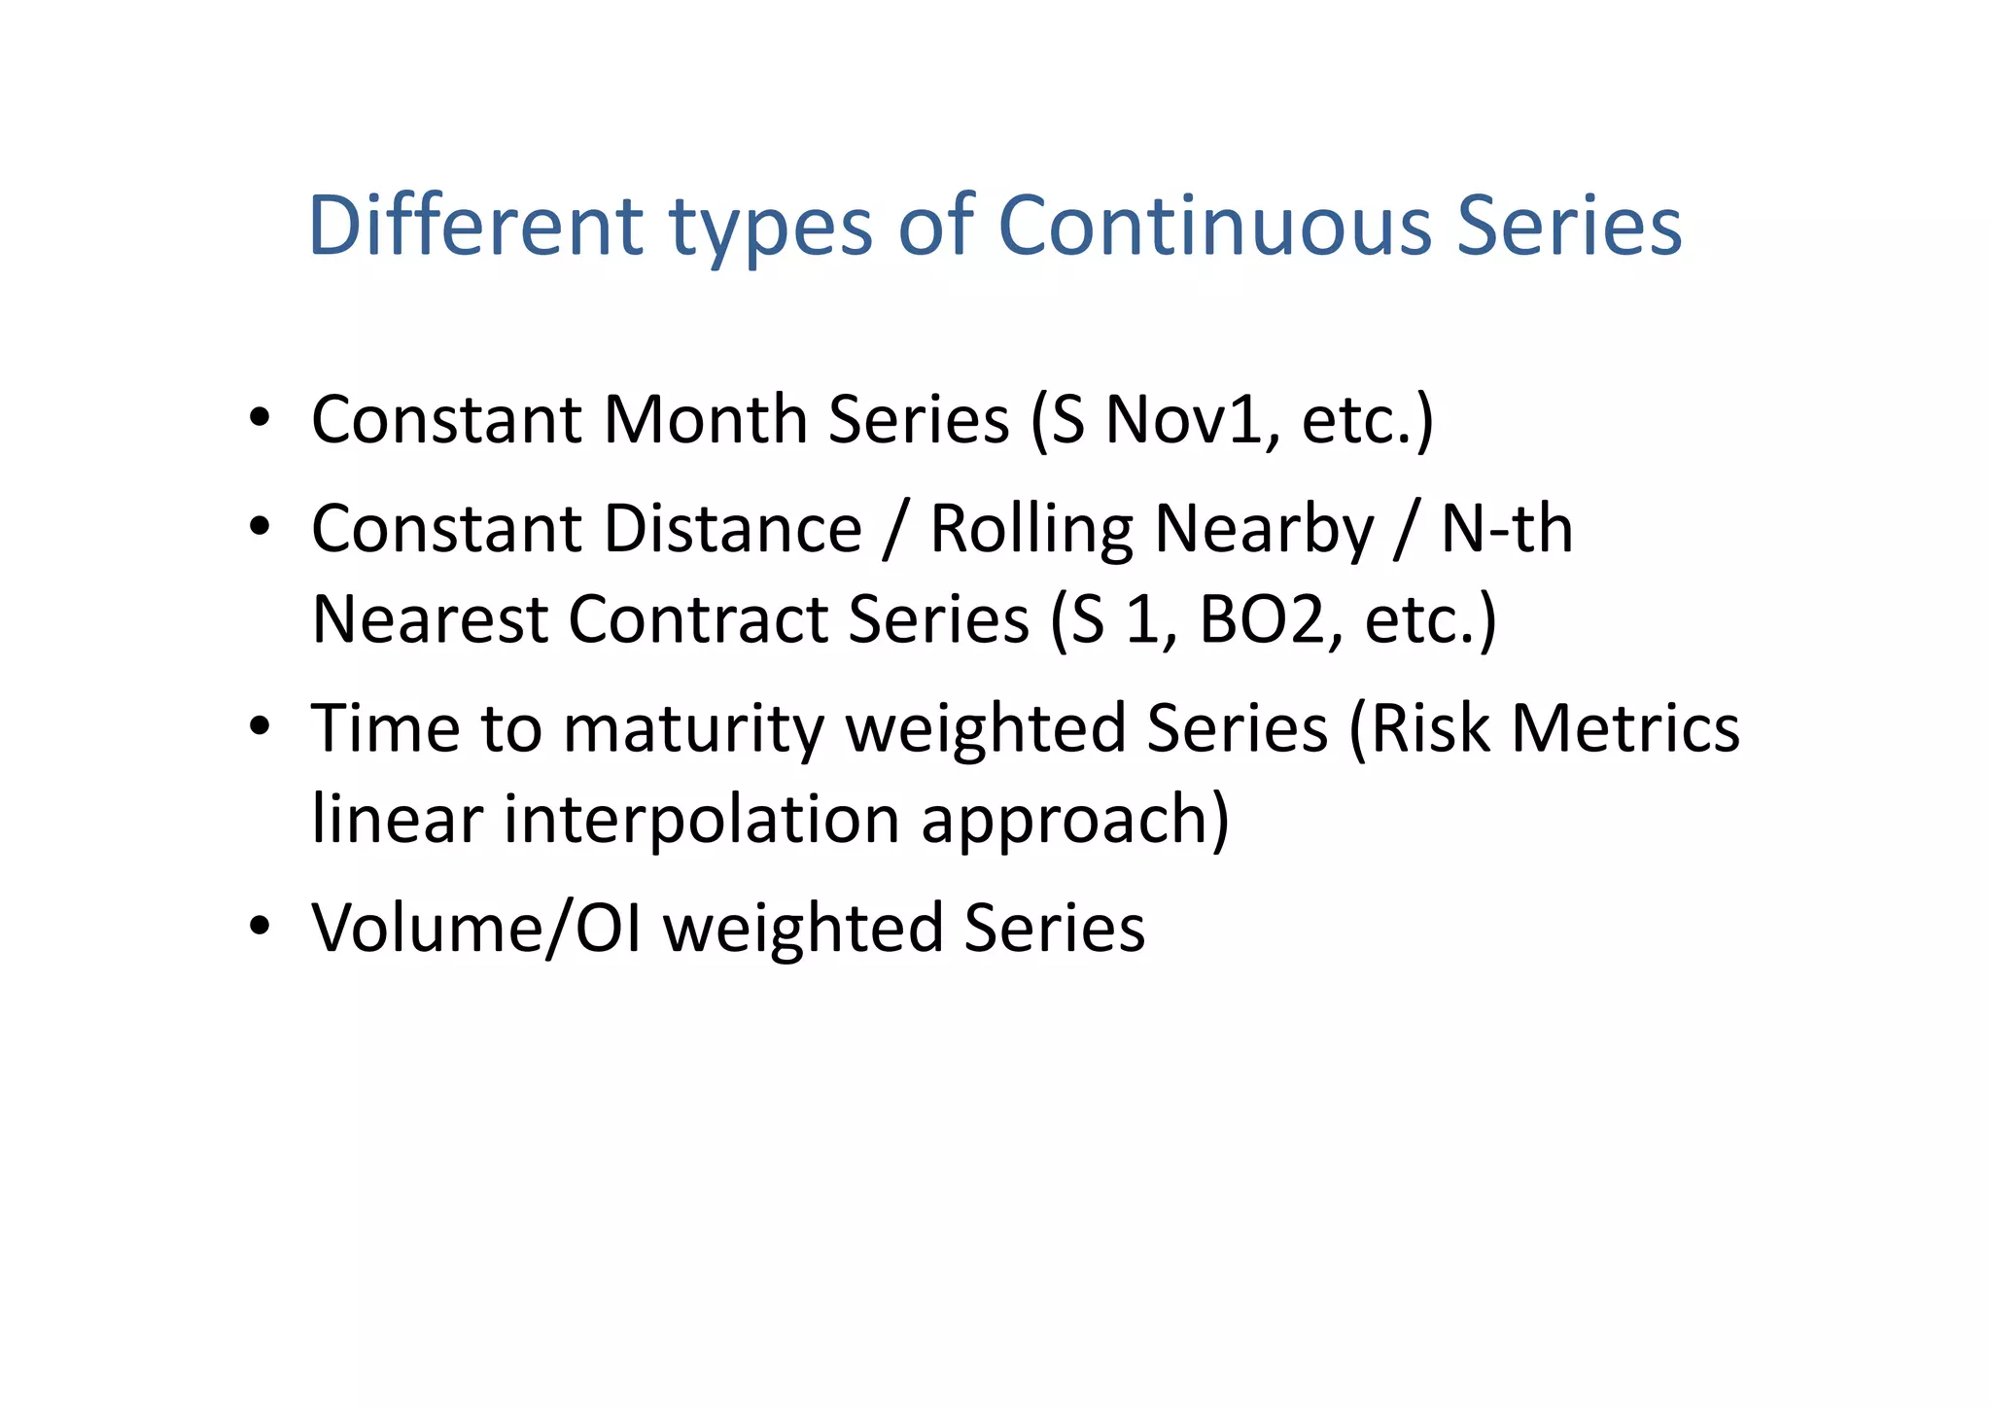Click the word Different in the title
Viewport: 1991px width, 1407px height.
475,226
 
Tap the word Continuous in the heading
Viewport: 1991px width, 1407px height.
1214,226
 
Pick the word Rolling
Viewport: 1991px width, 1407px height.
1031,531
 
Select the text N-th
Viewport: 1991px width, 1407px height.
1506,529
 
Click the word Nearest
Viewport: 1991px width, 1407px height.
429,619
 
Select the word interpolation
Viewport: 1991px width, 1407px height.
701,820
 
